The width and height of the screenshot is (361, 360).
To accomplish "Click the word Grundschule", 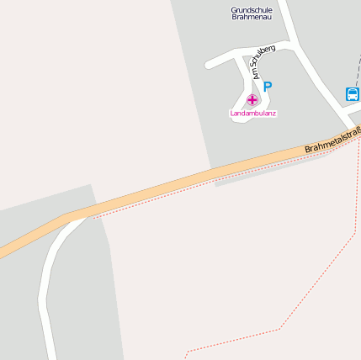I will coord(252,9).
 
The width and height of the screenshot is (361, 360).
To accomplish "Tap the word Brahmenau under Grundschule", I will coord(252,17).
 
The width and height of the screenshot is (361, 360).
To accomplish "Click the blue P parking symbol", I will coord(268,87).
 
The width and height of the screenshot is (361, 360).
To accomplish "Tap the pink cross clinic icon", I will coord(252,100).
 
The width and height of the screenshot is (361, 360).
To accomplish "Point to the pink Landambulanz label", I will coord(253,113).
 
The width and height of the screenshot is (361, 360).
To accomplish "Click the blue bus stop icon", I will coord(352,93).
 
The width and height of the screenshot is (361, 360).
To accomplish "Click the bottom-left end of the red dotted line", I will coord(186,353).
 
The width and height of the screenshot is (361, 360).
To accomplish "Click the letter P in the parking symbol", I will coord(268,87).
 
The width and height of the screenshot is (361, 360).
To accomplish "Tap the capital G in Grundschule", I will coord(234,9).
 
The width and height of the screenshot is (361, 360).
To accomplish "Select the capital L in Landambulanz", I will coord(231,113).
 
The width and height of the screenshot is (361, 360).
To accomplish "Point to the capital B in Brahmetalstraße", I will coord(308,150).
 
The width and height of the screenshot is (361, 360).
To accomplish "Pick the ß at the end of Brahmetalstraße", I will coord(357,131).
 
